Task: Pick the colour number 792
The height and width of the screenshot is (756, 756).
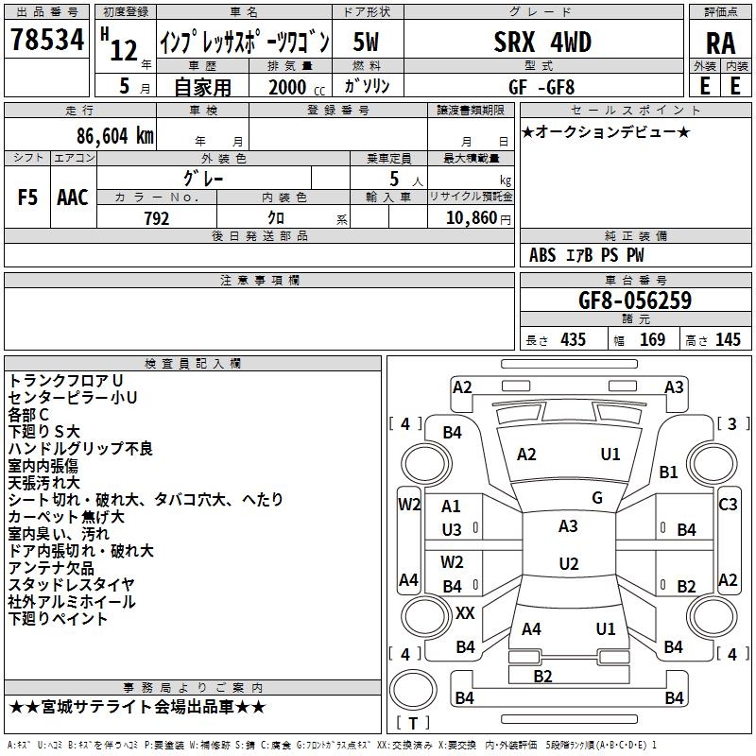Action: pyautogui.click(x=156, y=218)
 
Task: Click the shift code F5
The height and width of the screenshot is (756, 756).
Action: pyautogui.click(x=28, y=198)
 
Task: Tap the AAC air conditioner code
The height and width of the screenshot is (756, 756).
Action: pyautogui.click(x=72, y=198)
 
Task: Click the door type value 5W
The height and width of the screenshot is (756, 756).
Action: pyautogui.click(x=367, y=43)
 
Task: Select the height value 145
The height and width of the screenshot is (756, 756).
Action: pyautogui.click(x=728, y=339)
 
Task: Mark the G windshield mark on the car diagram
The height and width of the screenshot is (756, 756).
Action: pyautogui.click(x=597, y=498)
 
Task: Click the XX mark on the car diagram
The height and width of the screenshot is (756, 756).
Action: pyautogui.click(x=465, y=613)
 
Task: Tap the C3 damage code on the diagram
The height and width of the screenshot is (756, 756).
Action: pyautogui.click(x=728, y=505)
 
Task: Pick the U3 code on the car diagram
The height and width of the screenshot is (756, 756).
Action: pyautogui.click(x=452, y=530)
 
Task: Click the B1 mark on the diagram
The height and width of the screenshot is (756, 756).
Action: pyautogui.click(x=669, y=472)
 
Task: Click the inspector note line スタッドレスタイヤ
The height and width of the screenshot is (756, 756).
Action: pyautogui.click(x=71, y=585)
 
